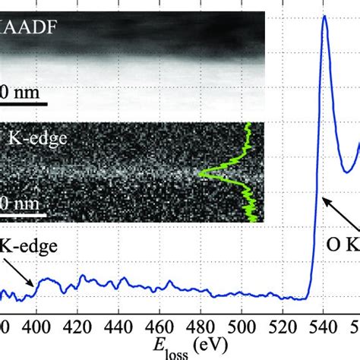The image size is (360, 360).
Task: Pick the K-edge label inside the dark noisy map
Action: pyautogui.click(x=23, y=139)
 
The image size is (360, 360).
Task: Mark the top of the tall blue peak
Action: pyautogui.click(x=324, y=16)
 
